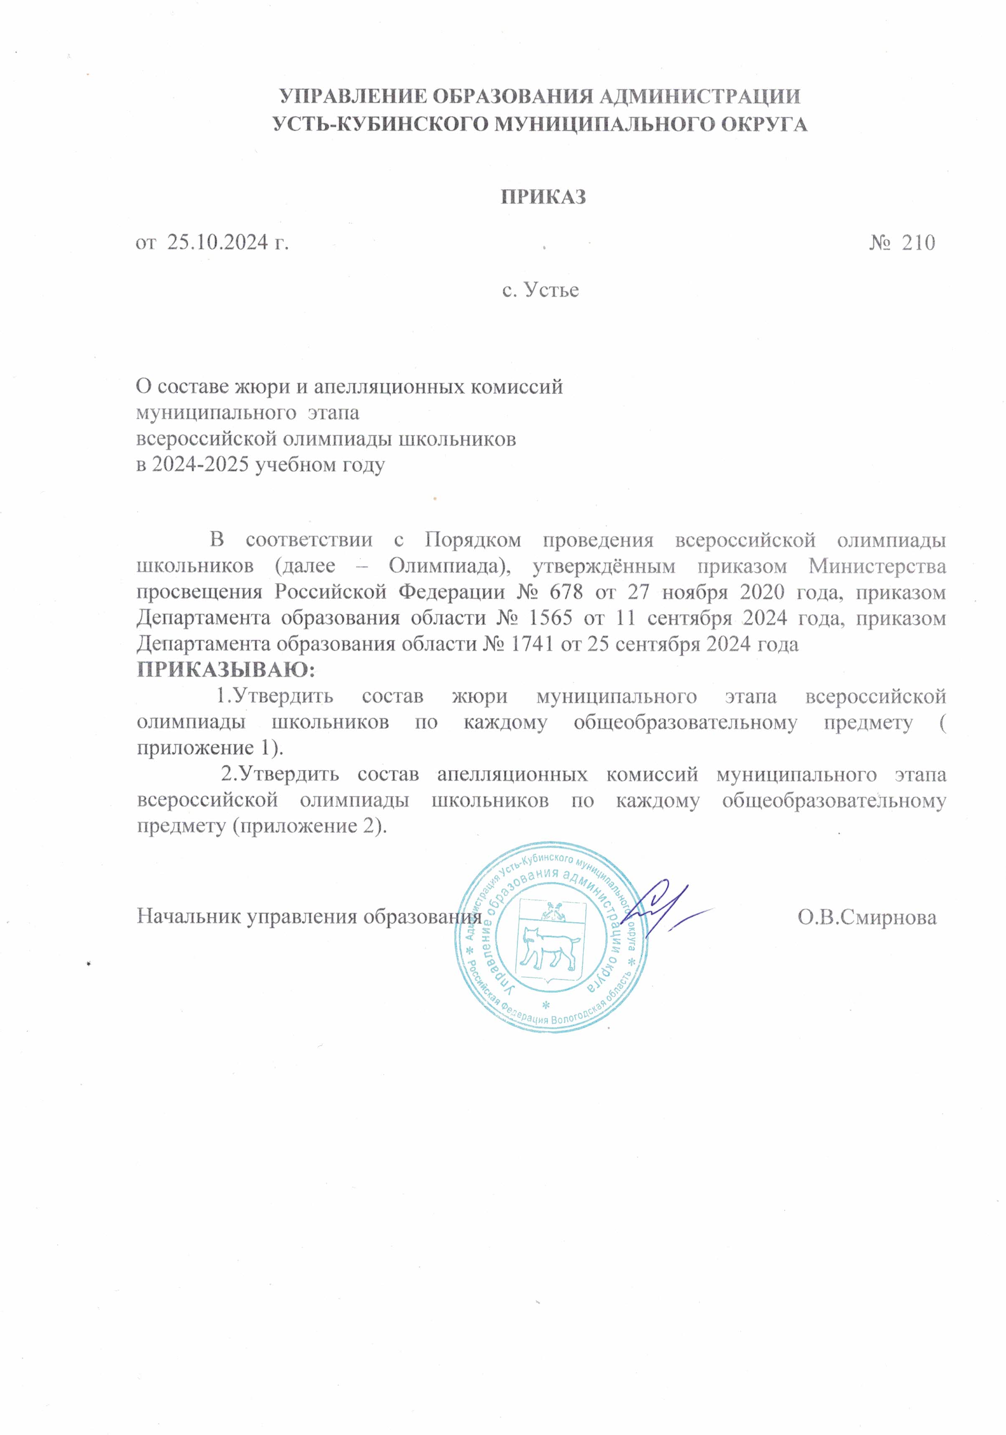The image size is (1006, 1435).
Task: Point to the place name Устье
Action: point(550,290)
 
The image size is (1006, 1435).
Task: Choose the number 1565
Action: point(550,618)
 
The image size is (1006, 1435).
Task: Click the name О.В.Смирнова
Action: point(867,917)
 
